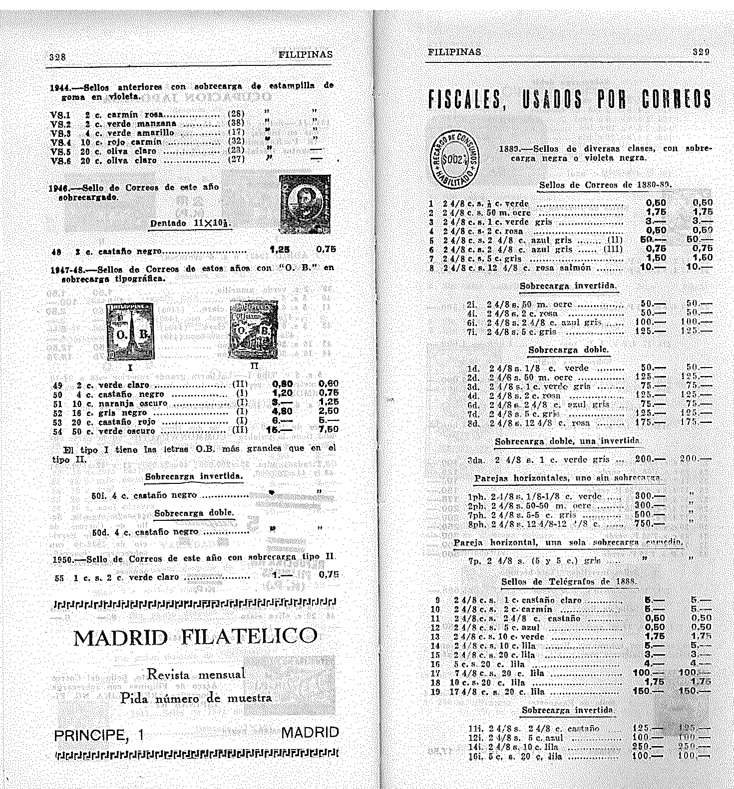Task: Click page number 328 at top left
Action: [x=57, y=57]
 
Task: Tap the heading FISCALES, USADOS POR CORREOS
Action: [x=569, y=99]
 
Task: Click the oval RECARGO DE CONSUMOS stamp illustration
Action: [x=454, y=160]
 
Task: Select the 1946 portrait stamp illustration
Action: [x=305, y=204]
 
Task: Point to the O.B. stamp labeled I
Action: [x=130, y=332]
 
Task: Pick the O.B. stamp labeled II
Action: [x=254, y=329]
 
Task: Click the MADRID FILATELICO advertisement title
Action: [x=195, y=637]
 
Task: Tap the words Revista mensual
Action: [x=196, y=675]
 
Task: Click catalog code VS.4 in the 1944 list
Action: [x=60, y=142]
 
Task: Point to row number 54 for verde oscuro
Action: [x=58, y=431]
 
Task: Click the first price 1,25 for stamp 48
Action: [x=280, y=249]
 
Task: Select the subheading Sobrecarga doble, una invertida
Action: [x=567, y=441]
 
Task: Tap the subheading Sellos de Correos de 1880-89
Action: [x=605, y=185]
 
